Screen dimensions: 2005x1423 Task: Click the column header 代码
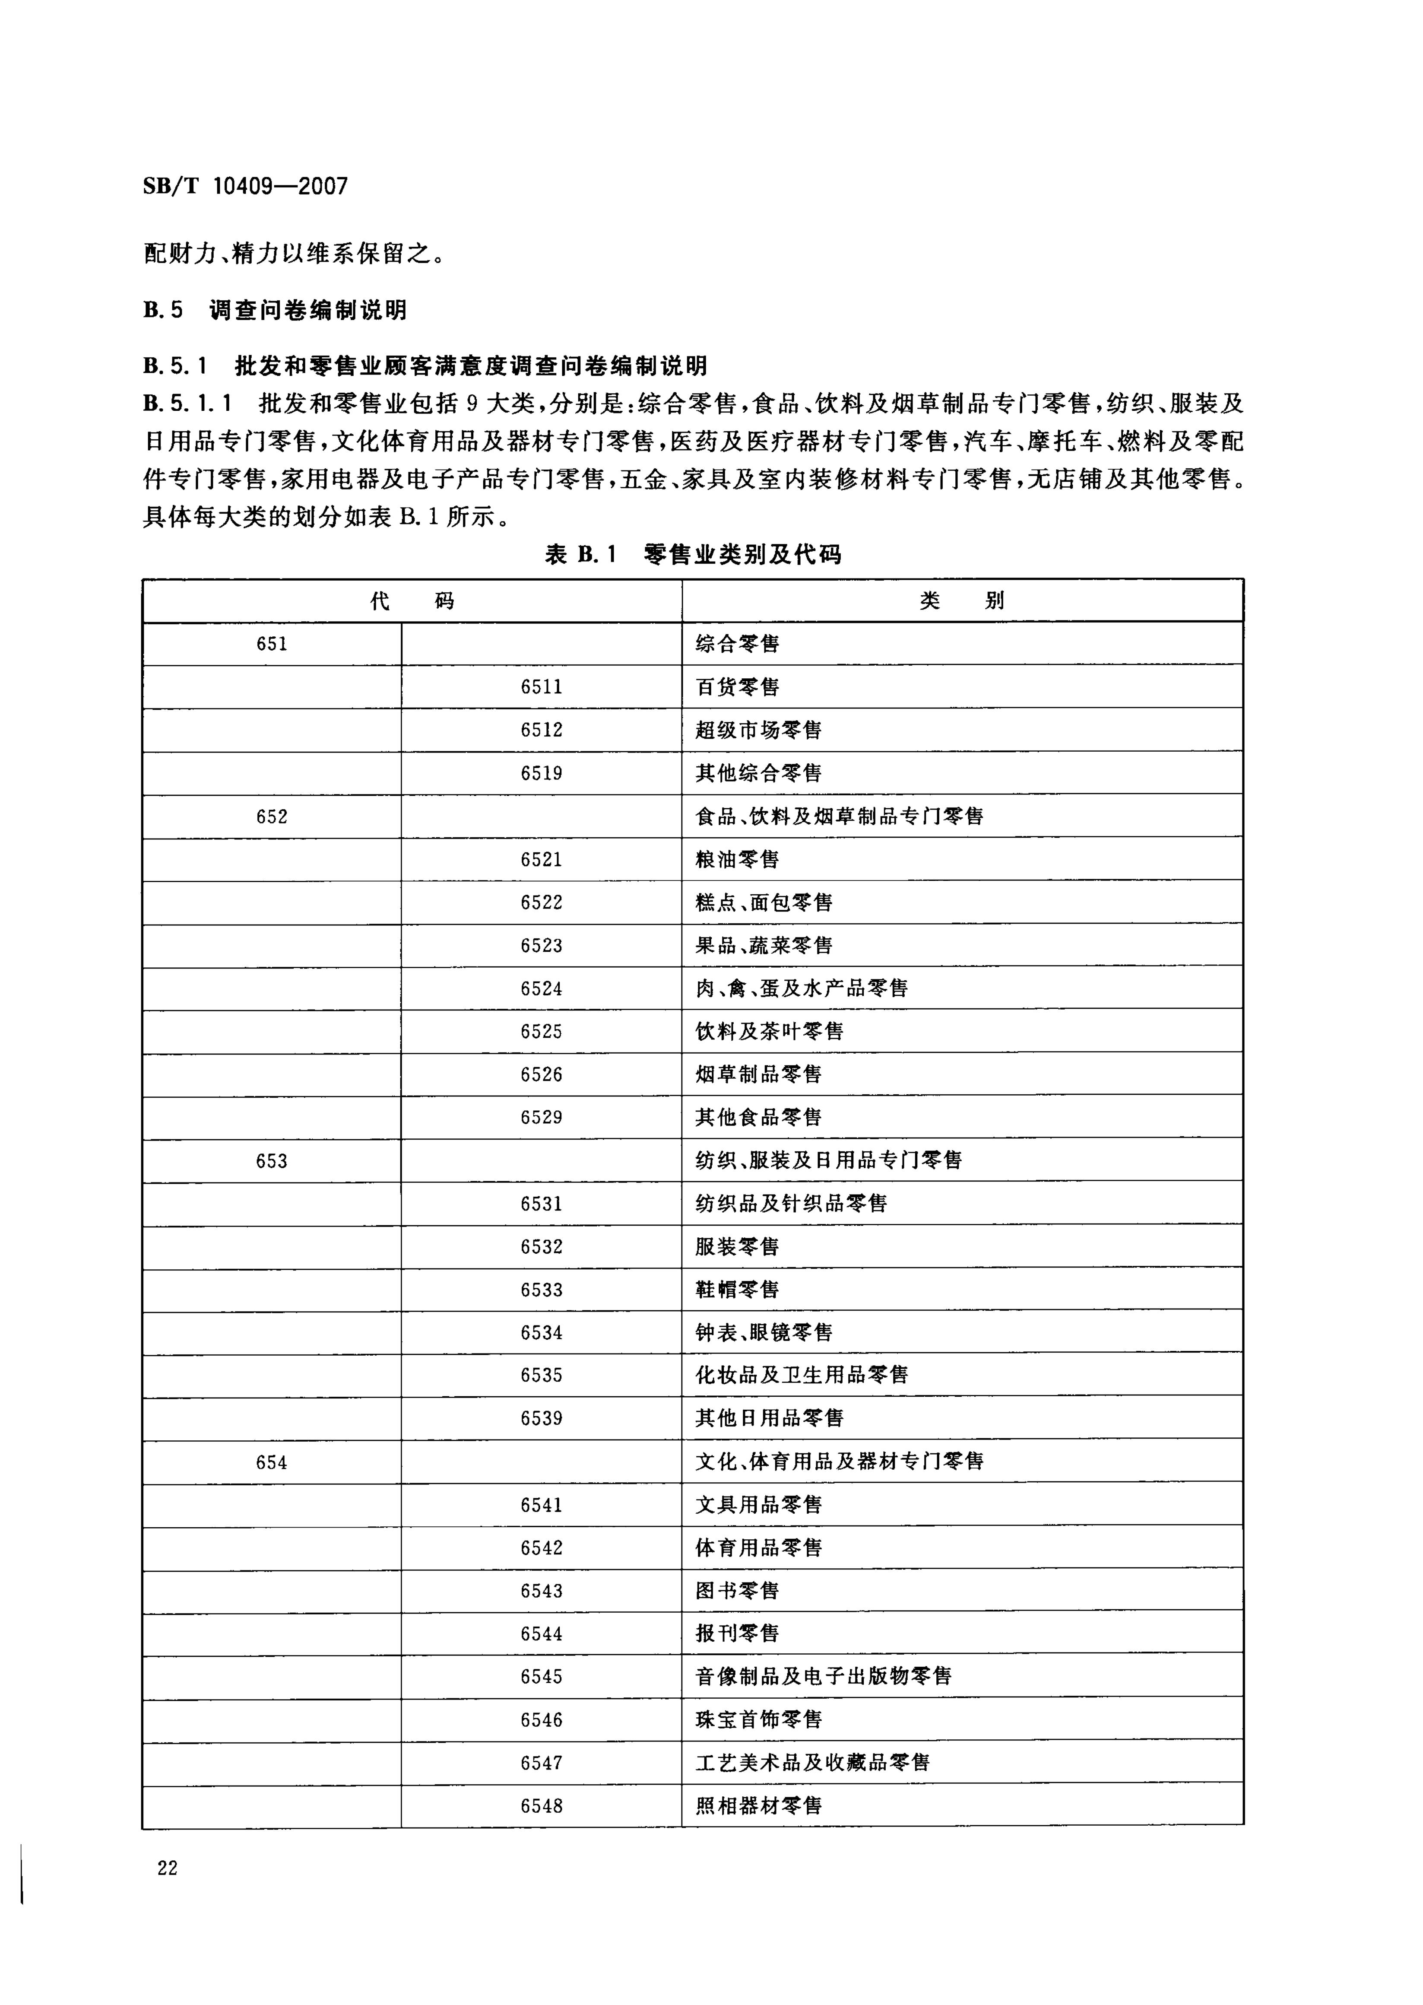412,601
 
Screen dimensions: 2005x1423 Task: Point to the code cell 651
272,644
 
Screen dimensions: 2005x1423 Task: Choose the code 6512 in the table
542,730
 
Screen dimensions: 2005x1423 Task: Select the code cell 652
272,817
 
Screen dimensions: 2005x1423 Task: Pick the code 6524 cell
542,988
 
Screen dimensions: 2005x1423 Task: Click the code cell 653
272,1161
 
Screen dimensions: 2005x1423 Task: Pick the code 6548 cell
542,1806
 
